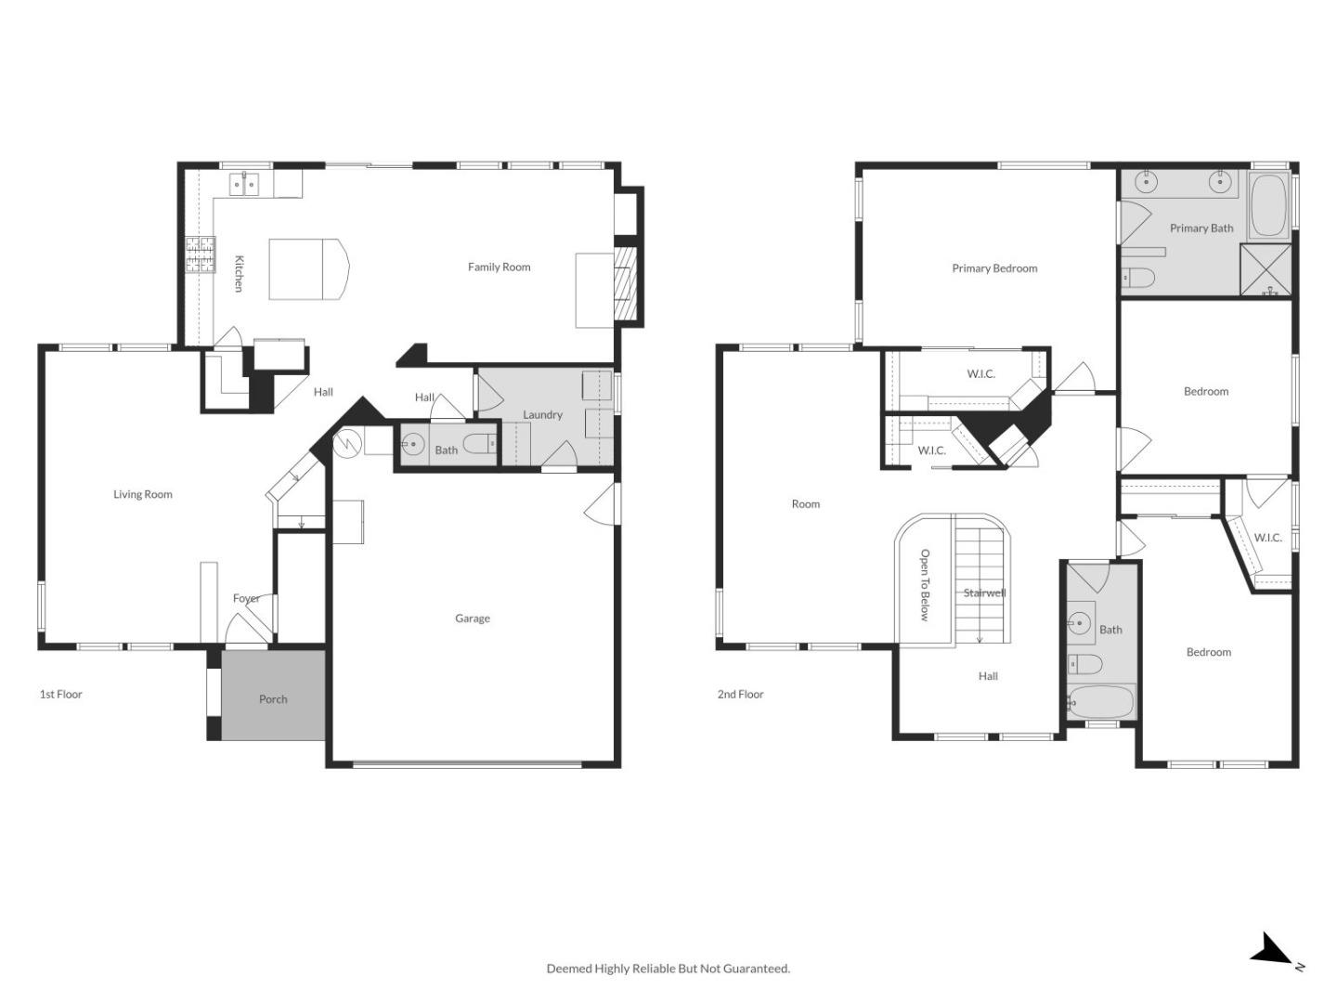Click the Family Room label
tap(499, 267)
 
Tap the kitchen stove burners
tap(200, 254)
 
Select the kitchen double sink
tap(245, 184)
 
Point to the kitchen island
tap(306, 269)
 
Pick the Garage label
tap(472, 619)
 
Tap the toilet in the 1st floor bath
tap(480, 446)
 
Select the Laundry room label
tap(542, 415)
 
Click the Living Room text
tap(143, 495)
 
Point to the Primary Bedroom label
tap(994, 268)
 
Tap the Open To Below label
tap(925, 584)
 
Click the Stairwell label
tap(984, 593)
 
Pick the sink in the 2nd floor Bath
tap(1080, 624)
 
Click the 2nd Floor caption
tap(740, 695)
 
